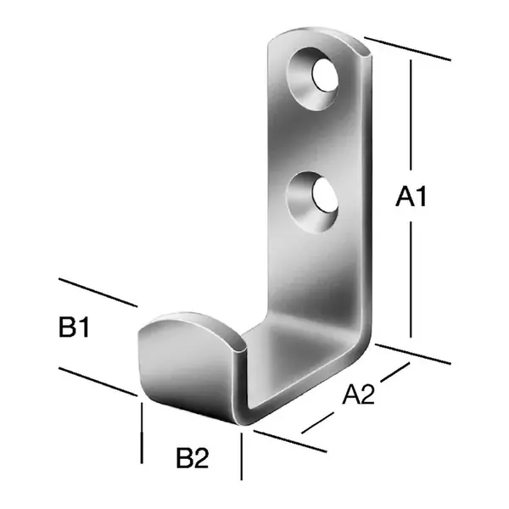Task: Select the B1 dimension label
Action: click(x=74, y=327)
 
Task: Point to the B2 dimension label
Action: click(x=192, y=459)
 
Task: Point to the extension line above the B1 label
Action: click(x=98, y=292)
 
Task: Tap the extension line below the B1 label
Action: click(x=98, y=381)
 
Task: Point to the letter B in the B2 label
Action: click(x=184, y=459)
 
